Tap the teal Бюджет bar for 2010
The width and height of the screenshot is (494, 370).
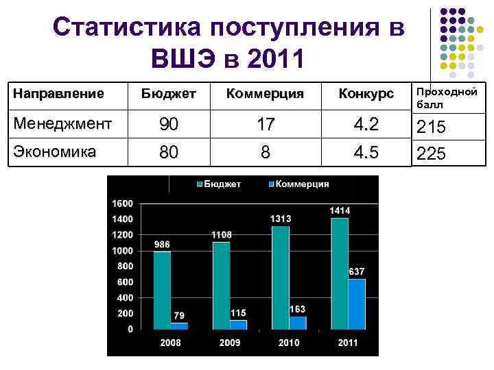pos(281,277)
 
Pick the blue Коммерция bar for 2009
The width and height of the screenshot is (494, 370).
pos(238,324)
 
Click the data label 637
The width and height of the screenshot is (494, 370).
pos(357,272)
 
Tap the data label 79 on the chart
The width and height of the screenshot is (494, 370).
pos(179,316)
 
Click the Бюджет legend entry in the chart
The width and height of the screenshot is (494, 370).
pos(220,184)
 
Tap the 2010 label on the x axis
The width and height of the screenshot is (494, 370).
pos(289,342)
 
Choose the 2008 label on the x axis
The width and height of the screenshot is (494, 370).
pos(170,342)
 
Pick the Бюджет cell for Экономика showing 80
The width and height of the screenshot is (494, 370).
pos(169,151)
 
